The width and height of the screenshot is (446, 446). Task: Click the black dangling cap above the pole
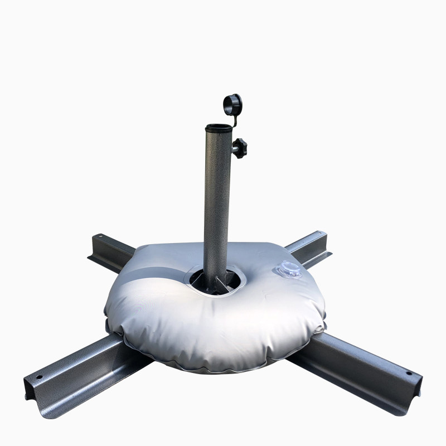(232, 104)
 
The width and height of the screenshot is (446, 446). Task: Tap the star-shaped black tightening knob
(240, 148)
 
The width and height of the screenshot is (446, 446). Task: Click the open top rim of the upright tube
(217, 128)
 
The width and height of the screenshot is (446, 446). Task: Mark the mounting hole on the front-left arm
(38, 377)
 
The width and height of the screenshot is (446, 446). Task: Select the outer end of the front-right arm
(415, 385)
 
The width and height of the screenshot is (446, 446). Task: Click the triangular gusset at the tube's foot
(229, 281)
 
